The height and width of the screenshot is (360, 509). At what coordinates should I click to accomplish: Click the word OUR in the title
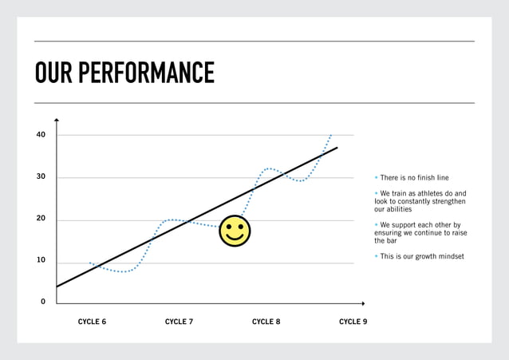click(x=54, y=73)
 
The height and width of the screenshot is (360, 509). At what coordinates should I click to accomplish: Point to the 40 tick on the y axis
click(x=41, y=135)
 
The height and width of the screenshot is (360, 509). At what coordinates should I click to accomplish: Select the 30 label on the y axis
click(x=41, y=177)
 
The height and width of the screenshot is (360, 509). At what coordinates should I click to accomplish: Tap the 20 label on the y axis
click(x=41, y=219)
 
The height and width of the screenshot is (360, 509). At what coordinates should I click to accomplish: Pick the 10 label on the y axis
click(x=41, y=260)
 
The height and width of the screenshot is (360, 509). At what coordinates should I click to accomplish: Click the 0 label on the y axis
click(x=43, y=302)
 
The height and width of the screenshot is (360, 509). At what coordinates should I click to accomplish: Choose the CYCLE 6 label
click(x=92, y=322)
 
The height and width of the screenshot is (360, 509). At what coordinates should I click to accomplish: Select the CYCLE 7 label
click(x=179, y=322)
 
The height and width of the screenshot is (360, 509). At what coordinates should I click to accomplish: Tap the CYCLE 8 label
click(x=266, y=322)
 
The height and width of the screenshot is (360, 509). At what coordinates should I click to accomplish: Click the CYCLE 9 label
click(x=353, y=322)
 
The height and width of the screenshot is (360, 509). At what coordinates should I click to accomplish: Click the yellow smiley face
click(x=235, y=231)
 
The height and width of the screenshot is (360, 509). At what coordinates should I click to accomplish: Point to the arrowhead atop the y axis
click(x=57, y=120)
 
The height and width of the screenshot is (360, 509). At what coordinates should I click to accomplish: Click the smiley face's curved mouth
click(x=235, y=238)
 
